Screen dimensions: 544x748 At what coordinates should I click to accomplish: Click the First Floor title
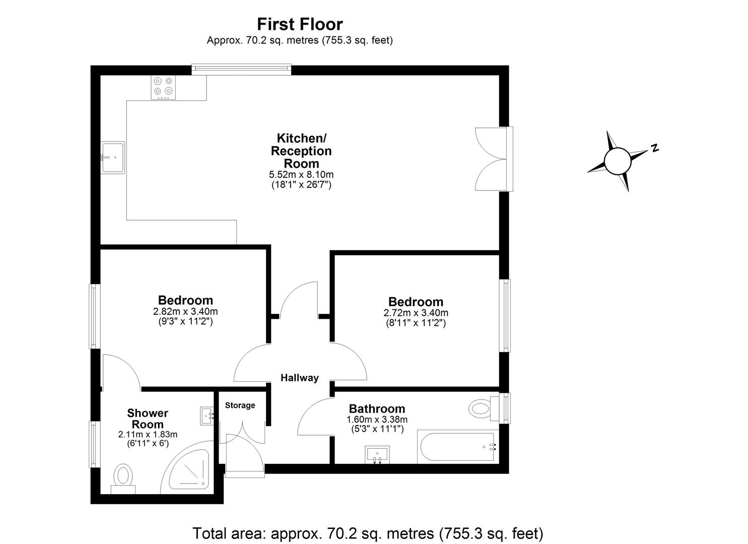tap(300, 24)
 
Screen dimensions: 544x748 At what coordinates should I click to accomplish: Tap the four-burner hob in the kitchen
tap(163, 87)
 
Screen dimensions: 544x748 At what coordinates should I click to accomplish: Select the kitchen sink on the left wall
tap(112, 158)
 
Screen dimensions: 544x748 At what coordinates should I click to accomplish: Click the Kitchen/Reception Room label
tap(301, 151)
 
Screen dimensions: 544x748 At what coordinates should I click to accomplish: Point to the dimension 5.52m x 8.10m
tap(301, 175)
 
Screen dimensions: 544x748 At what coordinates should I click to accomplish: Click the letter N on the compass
tap(654, 148)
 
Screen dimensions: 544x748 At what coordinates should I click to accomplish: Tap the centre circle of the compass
tap(617, 161)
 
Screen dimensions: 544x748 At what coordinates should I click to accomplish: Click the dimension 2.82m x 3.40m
tap(185, 312)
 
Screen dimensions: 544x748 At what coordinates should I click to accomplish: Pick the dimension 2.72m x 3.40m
tap(416, 313)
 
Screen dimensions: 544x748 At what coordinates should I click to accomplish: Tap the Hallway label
tap(300, 378)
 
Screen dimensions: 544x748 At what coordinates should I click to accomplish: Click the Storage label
tap(240, 405)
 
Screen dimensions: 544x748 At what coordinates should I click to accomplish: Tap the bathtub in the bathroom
tap(456, 447)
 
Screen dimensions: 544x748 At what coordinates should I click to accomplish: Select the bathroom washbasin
tap(377, 454)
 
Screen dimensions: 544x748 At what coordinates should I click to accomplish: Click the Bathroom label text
tap(377, 409)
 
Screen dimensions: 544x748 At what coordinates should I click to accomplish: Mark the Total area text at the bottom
tap(368, 533)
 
